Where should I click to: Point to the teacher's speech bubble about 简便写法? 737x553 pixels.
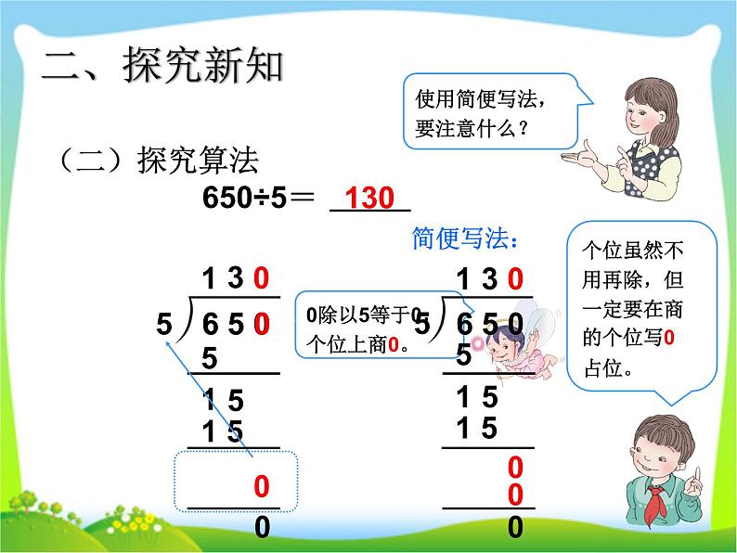point(483,109)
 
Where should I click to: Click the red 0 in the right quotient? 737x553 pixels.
point(516,277)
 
